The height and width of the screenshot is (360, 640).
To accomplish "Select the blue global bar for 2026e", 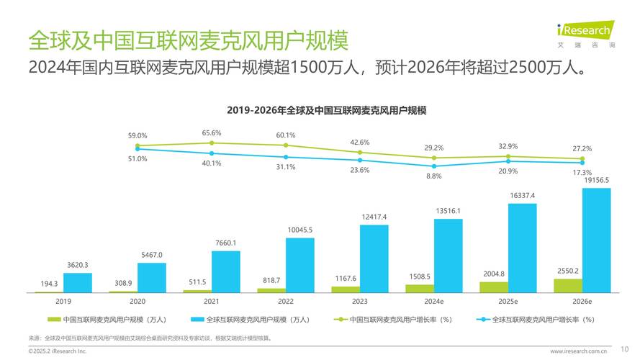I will click(x=596, y=240).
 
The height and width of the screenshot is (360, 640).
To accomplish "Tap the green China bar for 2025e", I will click(x=493, y=287).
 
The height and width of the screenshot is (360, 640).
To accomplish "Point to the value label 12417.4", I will click(x=374, y=217).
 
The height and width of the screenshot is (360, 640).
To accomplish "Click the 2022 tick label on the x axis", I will click(x=286, y=302).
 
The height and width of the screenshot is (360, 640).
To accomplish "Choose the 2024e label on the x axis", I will click(x=434, y=302).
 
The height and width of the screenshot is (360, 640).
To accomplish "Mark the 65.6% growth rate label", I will click(x=212, y=133).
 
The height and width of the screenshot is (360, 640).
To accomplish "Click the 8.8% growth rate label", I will click(x=434, y=176).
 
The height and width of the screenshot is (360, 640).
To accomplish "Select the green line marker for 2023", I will click(x=360, y=152).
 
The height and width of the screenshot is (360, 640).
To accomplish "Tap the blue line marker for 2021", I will click(x=212, y=153).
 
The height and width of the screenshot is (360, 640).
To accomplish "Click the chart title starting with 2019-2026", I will click(x=327, y=111).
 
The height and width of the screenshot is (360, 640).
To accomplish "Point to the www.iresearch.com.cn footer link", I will click(x=579, y=351).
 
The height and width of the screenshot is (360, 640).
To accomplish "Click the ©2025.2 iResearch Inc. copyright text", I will click(x=58, y=351).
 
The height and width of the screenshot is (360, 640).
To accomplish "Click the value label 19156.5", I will click(x=596, y=180).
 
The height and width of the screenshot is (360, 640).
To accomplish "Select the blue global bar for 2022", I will click(x=299, y=264).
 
